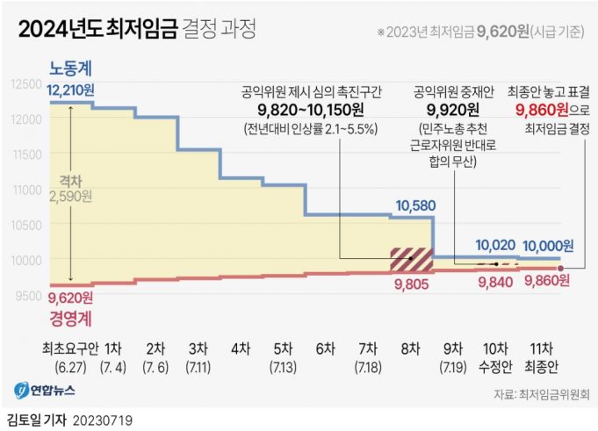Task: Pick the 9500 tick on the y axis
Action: [x=26, y=295]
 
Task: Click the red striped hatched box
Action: [x=412, y=259]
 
